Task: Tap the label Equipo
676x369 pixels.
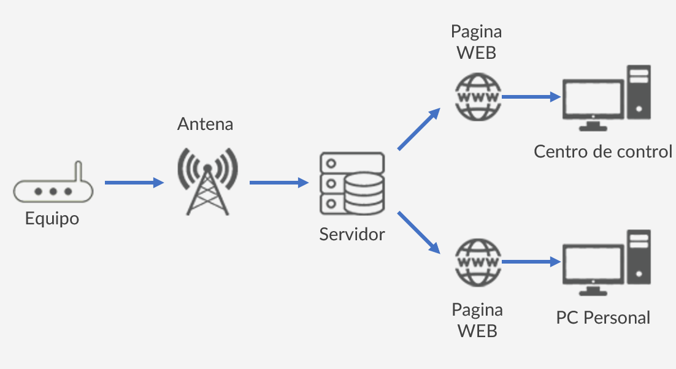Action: click(52, 218)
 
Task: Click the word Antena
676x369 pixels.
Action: click(205, 124)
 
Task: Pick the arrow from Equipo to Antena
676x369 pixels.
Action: click(134, 182)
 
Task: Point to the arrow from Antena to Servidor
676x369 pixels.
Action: click(278, 182)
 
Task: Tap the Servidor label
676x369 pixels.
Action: click(351, 234)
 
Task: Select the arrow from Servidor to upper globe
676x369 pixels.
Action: click(419, 129)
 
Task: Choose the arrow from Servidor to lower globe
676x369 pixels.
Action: click(420, 233)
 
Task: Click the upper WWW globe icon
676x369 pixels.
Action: click(478, 97)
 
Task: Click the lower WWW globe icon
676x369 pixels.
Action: click(478, 262)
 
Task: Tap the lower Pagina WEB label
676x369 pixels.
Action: click(477, 320)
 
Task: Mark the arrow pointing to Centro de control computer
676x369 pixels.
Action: click(531, 97)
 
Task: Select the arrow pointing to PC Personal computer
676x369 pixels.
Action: click(531, 262)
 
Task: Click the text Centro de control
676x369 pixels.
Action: click(603, 151)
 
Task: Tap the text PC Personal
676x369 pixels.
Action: click(603, 318)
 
